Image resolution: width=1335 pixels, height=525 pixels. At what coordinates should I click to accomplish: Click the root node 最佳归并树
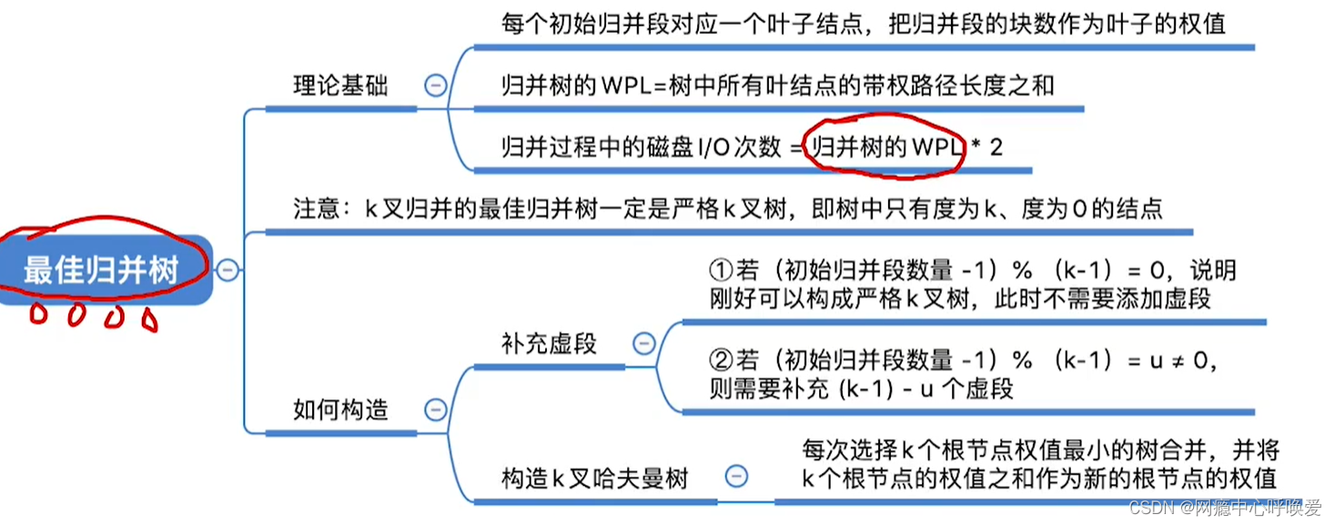pos(102,270)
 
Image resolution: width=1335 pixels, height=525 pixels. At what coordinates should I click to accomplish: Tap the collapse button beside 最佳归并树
pos(228,270)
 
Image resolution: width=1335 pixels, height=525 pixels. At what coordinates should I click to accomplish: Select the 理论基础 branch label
pos(340,86)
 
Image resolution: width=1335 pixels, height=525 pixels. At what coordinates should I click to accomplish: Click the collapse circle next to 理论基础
pos(436,86)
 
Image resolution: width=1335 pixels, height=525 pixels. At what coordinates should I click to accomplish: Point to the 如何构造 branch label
pos(340,409)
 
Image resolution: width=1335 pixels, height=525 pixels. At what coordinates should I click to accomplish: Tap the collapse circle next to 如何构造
pos(436,409)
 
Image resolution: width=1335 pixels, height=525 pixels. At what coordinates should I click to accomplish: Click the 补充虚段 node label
pos(549,343)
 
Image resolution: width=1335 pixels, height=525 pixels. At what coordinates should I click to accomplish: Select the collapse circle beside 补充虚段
pos(643,343)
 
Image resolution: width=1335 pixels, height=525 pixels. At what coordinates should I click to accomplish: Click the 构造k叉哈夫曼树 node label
pos(595,477)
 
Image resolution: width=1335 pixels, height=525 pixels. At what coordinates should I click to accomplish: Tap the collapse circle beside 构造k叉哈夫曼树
pos(736,476)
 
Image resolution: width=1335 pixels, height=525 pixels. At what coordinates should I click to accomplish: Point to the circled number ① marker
pos(720,272)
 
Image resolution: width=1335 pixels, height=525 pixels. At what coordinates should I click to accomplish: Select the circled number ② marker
pos(720,361)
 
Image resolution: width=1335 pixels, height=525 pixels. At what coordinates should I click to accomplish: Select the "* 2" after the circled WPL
pos(986,146)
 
